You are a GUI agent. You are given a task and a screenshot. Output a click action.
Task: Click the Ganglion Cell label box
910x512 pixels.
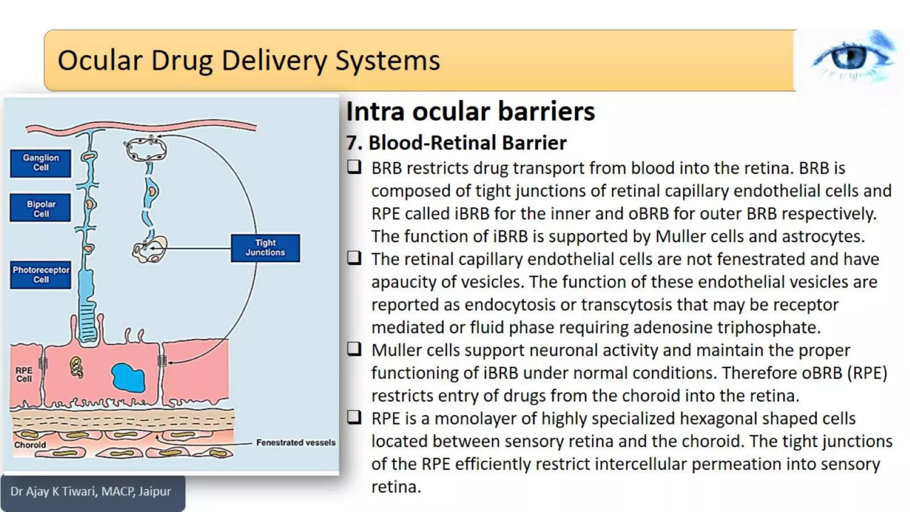40,163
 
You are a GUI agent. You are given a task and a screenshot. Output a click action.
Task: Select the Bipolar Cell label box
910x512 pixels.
40,209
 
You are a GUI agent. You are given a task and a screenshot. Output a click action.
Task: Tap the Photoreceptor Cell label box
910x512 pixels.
40,275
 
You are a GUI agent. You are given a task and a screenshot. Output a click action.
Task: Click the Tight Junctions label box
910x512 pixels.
265,248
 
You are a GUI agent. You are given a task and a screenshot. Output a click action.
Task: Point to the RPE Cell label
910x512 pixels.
24,374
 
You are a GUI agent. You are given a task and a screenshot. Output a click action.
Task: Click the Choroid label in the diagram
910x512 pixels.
30,445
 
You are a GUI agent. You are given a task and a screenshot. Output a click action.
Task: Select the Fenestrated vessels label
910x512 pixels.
295,443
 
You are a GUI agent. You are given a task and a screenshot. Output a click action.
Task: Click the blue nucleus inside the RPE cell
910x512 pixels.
128,378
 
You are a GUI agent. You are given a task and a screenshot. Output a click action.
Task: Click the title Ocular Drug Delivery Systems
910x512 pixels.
249,60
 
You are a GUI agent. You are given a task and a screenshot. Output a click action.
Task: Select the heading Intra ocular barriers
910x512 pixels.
470,111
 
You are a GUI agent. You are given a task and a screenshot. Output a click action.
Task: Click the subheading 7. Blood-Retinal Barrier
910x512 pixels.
456,143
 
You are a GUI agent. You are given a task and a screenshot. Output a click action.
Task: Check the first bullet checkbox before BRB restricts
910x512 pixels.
354,167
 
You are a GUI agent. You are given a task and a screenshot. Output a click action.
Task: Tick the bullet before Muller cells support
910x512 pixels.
354,349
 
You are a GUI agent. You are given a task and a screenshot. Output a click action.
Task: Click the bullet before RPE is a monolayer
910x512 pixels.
354,417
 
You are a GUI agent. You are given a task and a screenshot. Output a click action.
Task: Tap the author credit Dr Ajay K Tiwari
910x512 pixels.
91,492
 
